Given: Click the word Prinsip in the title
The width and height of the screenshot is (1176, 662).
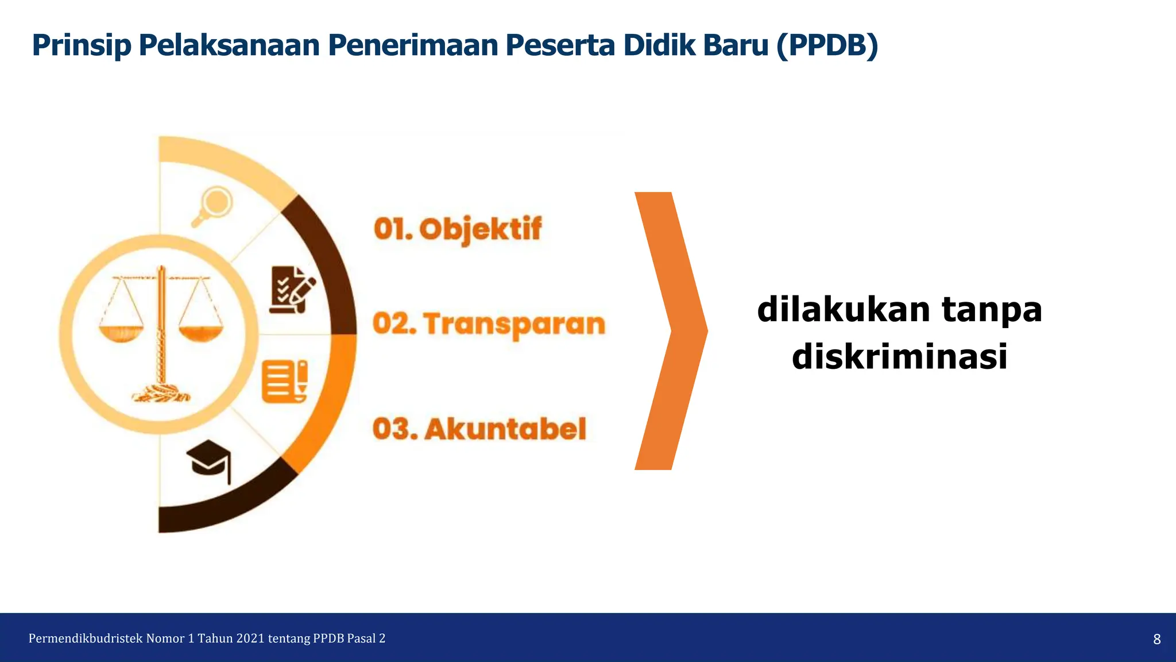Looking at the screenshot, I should point(82,45).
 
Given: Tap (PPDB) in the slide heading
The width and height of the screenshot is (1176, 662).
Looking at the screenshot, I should point(827,45).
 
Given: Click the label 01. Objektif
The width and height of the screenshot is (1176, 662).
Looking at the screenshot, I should point(458,229).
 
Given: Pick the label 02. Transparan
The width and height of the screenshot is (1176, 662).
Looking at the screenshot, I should point(489,324).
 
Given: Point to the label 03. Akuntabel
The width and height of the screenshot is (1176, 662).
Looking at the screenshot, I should point(479,429).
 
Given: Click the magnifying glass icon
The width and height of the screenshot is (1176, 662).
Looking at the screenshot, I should point(212,206).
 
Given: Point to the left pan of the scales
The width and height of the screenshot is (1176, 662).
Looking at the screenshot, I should point(121,333).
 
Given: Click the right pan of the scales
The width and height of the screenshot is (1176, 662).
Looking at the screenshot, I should point(200,333).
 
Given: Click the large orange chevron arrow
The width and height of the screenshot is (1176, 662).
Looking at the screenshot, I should point(671,331).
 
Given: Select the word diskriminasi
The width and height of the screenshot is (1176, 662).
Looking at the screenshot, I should point(899,357).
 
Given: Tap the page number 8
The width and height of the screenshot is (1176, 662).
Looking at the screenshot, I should point(1156,639).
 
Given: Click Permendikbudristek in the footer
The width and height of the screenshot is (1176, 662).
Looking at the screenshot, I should point(85,638).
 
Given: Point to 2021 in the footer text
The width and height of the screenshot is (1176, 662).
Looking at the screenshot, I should point(250,638).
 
